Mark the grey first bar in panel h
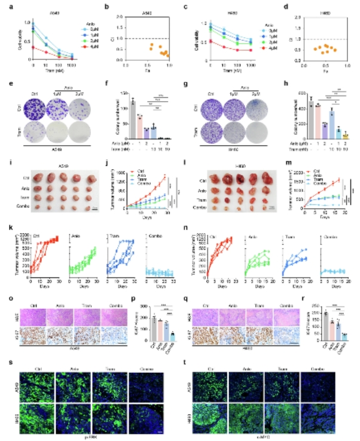[311, 112]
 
